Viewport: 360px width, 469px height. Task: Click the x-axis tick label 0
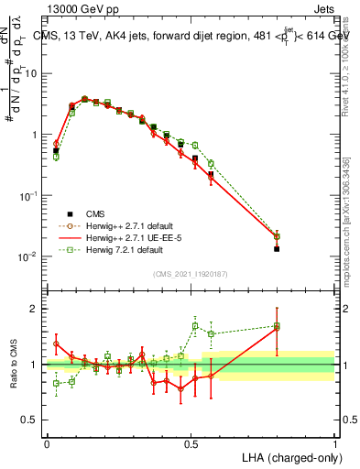click(47, 442)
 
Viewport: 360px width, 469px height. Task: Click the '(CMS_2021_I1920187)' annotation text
click(191, 273)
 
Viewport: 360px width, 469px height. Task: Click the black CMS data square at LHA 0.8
click(277, 248)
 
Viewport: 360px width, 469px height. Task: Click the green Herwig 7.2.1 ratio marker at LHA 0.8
click(277, 325)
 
